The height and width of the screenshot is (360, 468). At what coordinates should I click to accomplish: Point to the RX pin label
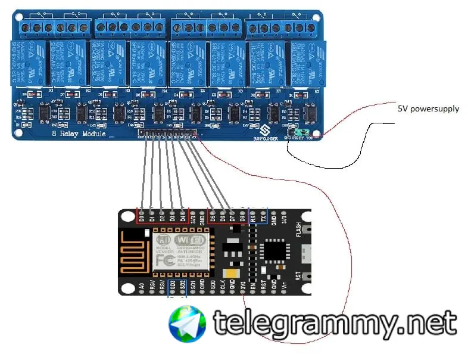tap(253, 219)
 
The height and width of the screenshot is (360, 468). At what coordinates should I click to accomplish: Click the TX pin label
tap(263, 219)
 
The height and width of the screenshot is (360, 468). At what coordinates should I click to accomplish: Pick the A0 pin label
tap(142, 286)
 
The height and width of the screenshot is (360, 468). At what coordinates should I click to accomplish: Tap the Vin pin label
tap(283, 286)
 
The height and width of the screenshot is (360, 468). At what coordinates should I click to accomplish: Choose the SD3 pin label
tap(172, 286)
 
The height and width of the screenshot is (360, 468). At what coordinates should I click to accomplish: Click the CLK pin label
tap(223, 286)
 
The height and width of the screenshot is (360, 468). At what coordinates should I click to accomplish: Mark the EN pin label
tap(253, 286)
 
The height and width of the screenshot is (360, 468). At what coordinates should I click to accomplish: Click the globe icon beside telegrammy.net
tap(188, 324)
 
